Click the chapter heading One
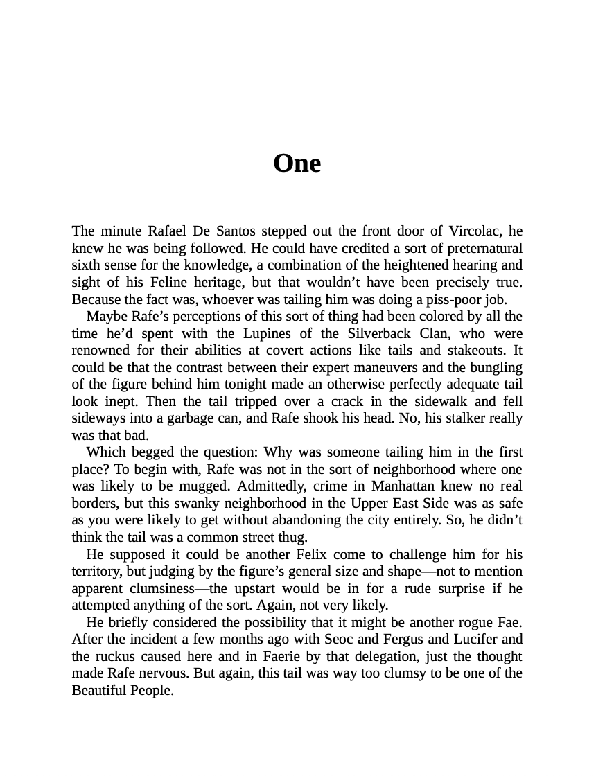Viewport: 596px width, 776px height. [297, 164]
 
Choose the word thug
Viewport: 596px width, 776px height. [293, 537]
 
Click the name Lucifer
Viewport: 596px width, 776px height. [469, 639]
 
